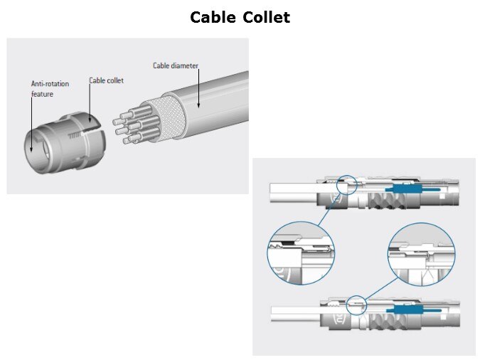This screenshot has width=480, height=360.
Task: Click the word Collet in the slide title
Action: pyautogui.click(x=265, y=17)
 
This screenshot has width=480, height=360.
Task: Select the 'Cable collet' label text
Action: pyautogui.click(x=106, y=80)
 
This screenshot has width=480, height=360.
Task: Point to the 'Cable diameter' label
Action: pyautogui.click(x=176, y=65)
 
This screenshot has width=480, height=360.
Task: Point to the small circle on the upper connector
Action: pyautogui.click(x=348, y=184)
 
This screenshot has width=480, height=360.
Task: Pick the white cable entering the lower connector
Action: pyautogui.click(x=295, y=312)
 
